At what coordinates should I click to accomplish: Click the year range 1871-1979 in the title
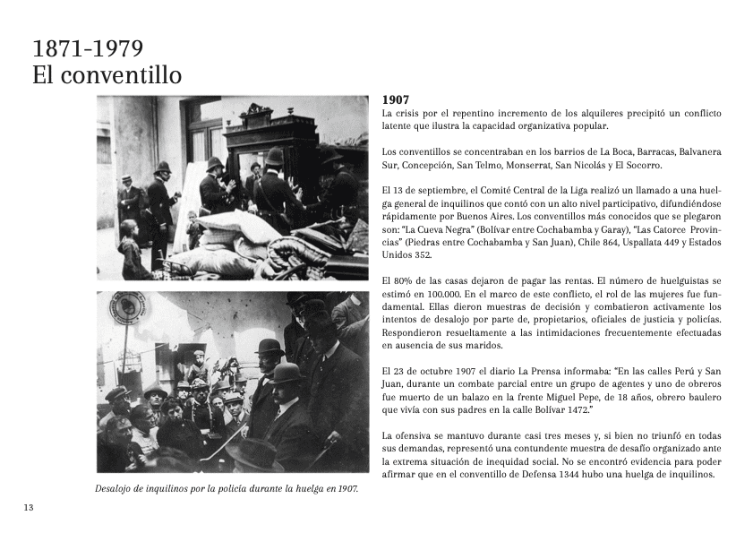88,48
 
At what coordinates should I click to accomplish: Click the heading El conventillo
107,75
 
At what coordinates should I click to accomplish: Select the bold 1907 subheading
396,100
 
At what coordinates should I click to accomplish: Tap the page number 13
29,508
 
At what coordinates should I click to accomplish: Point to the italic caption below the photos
226,489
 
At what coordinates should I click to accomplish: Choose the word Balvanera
698,152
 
